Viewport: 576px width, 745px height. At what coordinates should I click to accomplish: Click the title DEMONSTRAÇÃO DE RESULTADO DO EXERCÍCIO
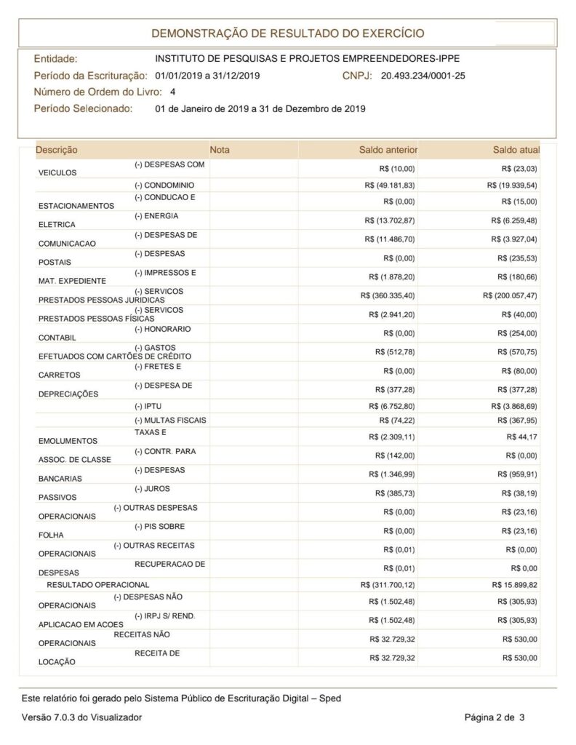point(287,33)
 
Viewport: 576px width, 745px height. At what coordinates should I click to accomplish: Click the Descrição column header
point(57,150)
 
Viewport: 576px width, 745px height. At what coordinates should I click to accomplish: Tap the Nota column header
point(219,150)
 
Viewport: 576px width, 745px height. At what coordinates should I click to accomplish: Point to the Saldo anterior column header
point(388,150)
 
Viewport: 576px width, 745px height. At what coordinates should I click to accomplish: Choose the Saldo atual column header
point(516,150)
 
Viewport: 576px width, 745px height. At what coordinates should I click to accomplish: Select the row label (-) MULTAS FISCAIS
point(170,421)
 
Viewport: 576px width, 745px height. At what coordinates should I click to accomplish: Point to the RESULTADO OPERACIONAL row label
point(97,584)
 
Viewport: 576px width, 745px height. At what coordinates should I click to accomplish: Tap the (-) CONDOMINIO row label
point(164,186)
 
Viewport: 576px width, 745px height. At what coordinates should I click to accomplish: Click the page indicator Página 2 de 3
point(495,718)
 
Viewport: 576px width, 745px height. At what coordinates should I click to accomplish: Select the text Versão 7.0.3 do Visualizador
point(81,718)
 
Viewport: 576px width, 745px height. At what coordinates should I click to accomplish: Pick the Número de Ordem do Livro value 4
point(172,92)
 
